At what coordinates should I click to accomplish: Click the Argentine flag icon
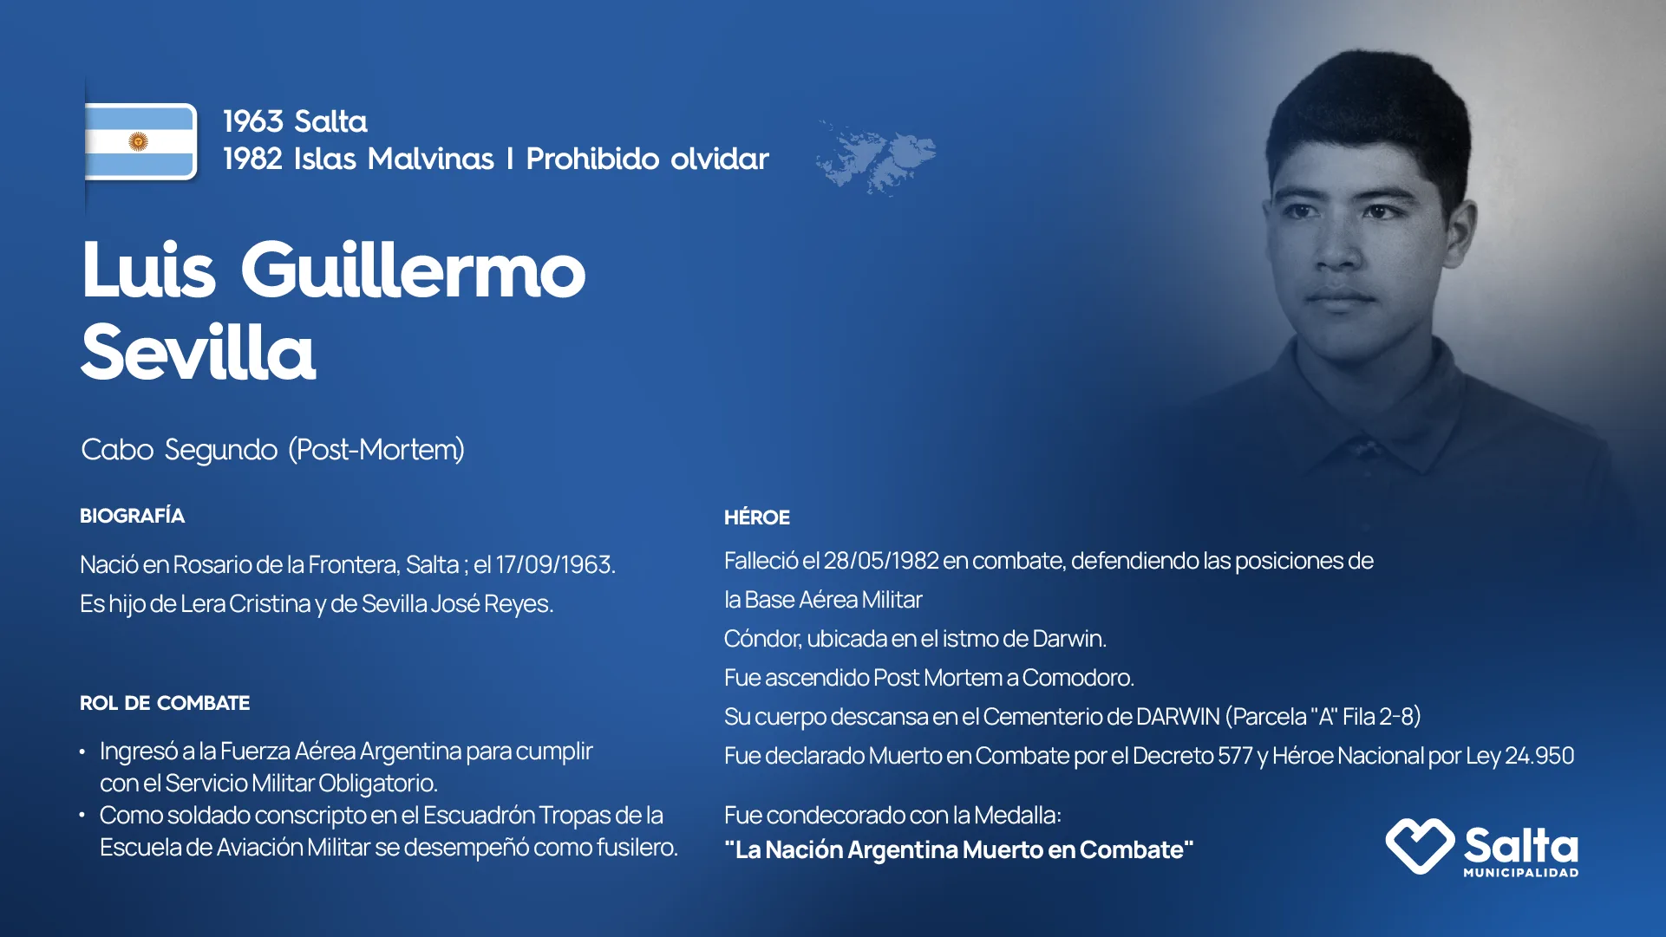[141, 141]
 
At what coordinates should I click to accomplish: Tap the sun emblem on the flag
[138, 141]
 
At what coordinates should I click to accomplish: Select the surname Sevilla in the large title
[199, 352]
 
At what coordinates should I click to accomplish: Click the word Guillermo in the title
[413, 270]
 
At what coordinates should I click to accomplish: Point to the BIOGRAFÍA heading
[132, 516]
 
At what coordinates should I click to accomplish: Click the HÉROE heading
[757, 517]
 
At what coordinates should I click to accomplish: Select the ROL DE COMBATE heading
[165, 703]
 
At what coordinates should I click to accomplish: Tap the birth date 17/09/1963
[555, 565]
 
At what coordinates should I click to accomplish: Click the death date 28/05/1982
[881, 561]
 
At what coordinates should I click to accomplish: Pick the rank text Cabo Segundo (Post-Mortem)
[273, 450]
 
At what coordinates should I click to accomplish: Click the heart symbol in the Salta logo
[1420, 845]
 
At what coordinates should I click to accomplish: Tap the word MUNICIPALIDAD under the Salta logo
[1521, 873]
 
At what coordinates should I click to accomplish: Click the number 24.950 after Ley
[1539, 756]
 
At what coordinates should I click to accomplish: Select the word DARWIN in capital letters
[1178, 717]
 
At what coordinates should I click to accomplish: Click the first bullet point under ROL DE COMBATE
[82, 752]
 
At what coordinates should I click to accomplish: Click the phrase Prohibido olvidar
[647, 159]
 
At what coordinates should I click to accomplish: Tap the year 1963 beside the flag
[253, 121]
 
